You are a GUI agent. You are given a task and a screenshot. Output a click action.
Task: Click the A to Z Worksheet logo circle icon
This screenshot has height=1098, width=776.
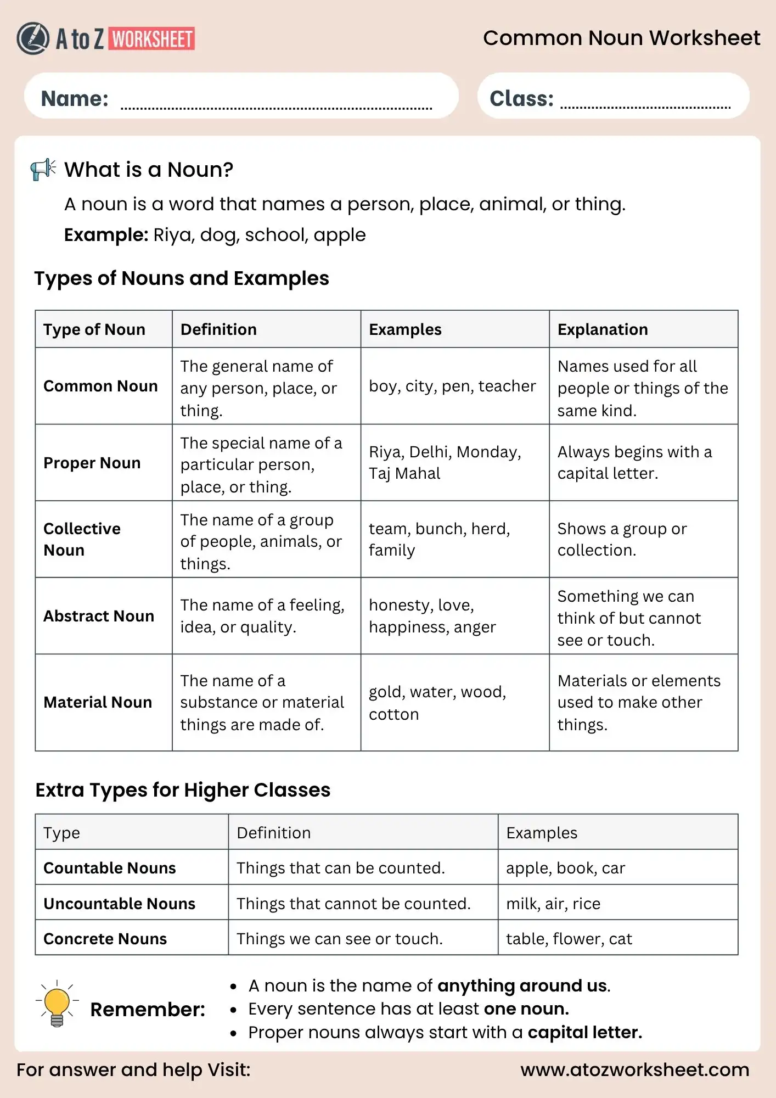click(x=33, y=38)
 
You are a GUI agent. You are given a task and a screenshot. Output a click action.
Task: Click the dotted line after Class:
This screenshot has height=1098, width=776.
click(x=645, y=107)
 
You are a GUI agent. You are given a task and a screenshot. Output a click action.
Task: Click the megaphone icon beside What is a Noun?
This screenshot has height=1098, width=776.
click(x=43, y=169)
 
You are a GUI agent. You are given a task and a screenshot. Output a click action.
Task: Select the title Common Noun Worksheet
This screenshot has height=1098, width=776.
click(x=621, y=38)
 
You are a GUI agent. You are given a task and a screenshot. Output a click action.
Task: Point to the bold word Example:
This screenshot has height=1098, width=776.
click(x=106, y=235)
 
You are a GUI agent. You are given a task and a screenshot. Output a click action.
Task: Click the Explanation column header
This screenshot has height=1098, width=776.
click(x=603, y=329)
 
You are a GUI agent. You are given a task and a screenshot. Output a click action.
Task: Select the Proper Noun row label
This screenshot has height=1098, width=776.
click(x=92, y=463)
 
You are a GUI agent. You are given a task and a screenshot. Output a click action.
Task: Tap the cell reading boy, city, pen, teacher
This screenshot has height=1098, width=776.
click(x=452, y=386)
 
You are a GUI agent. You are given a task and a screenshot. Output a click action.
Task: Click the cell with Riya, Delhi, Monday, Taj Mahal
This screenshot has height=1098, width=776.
click(x=445, y=462)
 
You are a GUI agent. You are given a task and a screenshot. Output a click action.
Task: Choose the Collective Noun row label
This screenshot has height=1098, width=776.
click(x=82, y=539)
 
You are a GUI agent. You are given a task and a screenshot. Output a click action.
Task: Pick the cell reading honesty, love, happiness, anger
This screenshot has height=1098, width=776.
click(x=432, y=615)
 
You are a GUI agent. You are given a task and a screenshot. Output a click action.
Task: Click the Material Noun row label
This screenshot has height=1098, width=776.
click(x=98, y=702)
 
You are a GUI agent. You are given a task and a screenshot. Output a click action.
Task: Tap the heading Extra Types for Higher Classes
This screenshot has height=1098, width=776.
click(x=183, y=790)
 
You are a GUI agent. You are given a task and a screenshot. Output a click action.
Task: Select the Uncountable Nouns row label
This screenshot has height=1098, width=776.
click(x=119, y=904)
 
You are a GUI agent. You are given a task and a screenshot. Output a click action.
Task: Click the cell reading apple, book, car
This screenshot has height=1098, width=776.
click(x=565, y=868)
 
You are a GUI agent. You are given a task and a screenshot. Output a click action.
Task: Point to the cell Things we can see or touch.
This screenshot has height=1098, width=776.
click(x=339, y=939)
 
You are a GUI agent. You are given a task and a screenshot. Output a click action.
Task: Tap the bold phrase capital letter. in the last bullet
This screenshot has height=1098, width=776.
click(x=584, y=1032)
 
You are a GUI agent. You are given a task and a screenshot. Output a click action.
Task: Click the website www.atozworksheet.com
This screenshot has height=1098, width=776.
click(x=634, y=1069)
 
